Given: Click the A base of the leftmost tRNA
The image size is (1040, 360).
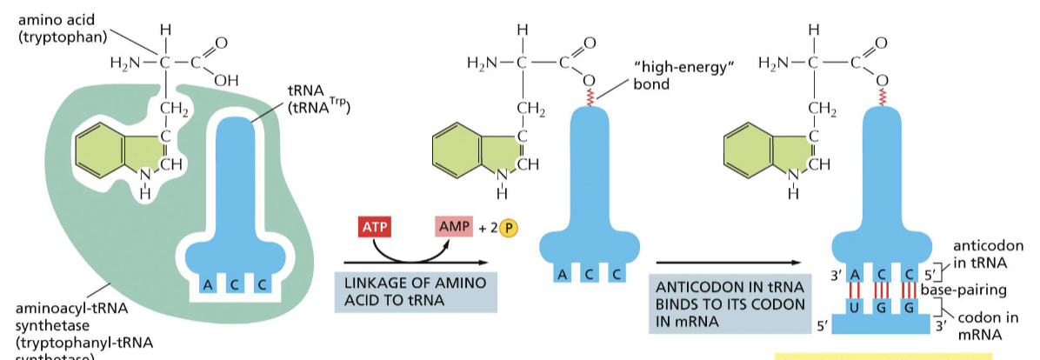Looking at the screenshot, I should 209,283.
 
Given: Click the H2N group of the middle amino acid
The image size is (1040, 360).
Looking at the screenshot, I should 483,63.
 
